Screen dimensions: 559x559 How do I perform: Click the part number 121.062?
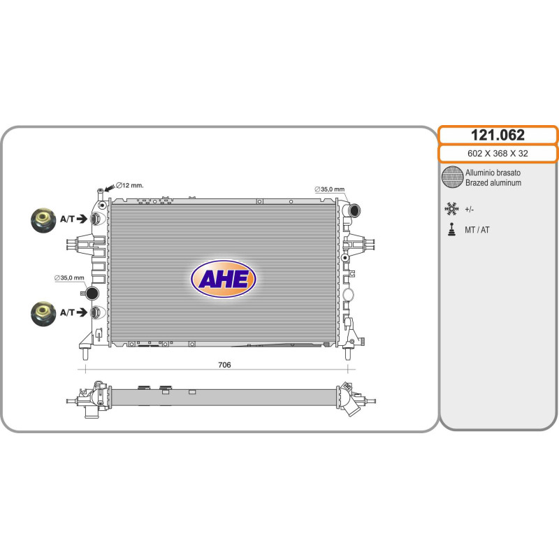[498, 135]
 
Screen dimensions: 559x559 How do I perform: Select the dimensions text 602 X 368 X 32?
[498, 154]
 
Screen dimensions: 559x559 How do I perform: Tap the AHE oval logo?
[224, 279]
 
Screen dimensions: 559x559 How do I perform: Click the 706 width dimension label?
[224, 365]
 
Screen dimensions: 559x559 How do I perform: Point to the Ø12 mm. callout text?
[130, 185]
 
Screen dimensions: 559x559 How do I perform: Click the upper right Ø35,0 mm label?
[329, 189]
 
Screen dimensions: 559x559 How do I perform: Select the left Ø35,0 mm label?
[69, 277]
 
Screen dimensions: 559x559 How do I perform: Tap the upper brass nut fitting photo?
[43, 220]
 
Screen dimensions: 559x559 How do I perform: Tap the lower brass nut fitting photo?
[43, 314]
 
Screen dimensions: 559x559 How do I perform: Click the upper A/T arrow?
[82, 219]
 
